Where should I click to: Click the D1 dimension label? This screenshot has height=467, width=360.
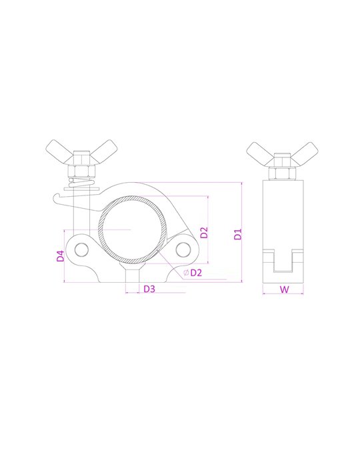click(238, 234)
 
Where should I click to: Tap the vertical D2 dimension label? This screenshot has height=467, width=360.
click(204, 232)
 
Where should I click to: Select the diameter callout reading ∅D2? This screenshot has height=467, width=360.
click(193, 272)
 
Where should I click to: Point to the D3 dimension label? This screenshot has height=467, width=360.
click(149, 289)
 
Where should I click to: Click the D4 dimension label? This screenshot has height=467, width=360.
click(61, 256)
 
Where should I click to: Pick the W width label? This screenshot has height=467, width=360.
click(284, 289)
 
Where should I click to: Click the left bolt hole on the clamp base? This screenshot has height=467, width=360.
click(81, 250)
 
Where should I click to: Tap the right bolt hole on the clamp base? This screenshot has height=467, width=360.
click(183, 250)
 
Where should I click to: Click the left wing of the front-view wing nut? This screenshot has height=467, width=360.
click(59, 150)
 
